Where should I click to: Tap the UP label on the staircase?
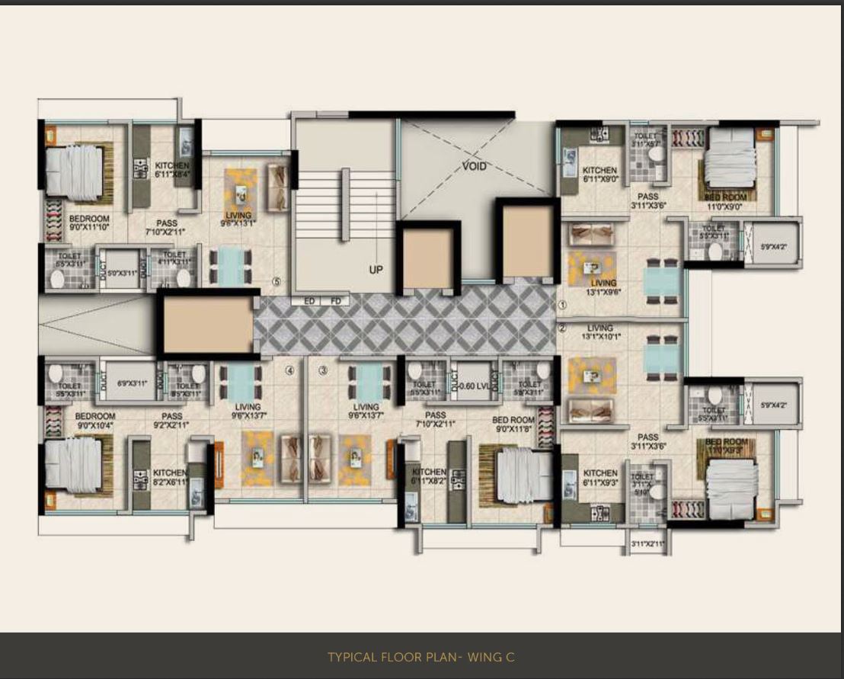(x=376, y=270)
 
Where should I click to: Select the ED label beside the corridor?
(x=309, y=301)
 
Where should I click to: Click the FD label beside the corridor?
(x=334, y=301)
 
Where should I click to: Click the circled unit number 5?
(x=277, y=281)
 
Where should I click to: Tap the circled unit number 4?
(x=289, y=371)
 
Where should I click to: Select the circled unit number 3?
(x=323, y=371)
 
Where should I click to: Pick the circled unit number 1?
(x=562, y=305)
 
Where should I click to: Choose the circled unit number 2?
(x=562, y=328)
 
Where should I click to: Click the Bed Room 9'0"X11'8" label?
(x=513, y=424)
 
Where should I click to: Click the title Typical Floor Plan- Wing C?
(x=422, y=656)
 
